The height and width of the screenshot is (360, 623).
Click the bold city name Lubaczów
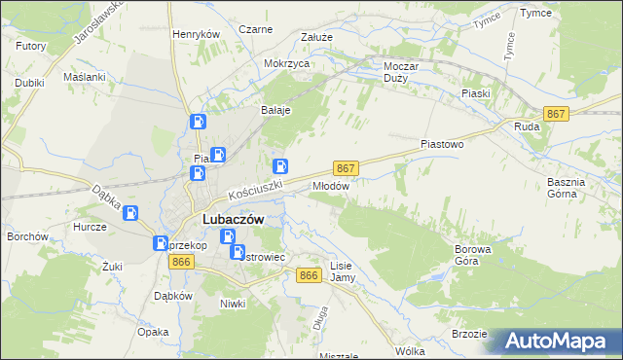pyautogui.click(x=233, y=220)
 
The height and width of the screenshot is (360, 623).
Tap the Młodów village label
pyautogui.click(x=331, y=184)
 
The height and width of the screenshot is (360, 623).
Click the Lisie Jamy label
pyautogui.click(x=342, y=271)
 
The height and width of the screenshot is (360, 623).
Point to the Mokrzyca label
pyautogui.click(x=286, y=63)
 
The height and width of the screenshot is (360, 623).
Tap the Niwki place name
pyautogui.click(x=232, y=303)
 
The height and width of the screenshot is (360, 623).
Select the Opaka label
pyautogui.click(x=154, y=332)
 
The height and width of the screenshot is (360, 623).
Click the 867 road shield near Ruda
pyautogui.click(x=556, y=114)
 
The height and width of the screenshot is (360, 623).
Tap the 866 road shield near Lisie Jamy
pyautogui.click(x=309, y=275)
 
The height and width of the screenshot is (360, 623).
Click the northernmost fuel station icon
pyautogui.click(x=198, y=123)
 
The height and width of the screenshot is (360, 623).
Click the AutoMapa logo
pyautogui.click(x=561, y=342)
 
